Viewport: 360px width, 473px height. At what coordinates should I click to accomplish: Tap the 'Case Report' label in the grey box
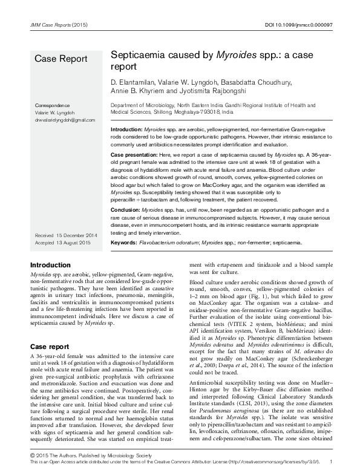click(x=61, y=59)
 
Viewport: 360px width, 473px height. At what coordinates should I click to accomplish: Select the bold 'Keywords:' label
click(x=123, y=243)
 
